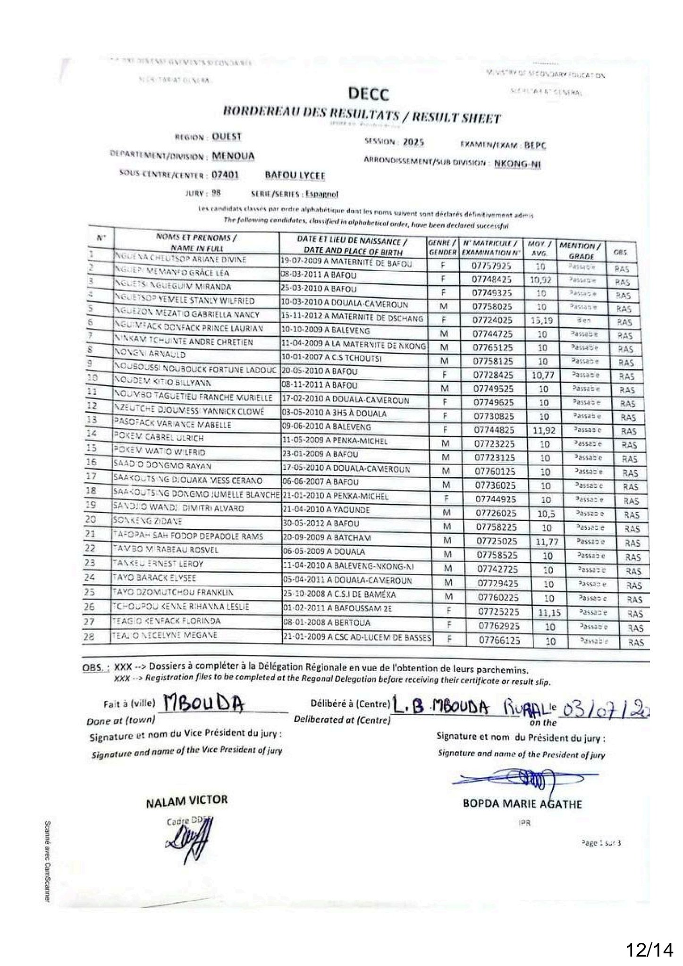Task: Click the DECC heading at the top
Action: pyautogui.click(x=369, y=95)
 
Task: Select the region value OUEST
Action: pyautogui.click(x=227, y=136)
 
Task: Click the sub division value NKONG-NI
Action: pyautogui.click(x=517, y=164)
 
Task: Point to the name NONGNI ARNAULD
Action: pyautogui.click(x=150, y=354)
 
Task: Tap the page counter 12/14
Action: pyautogui.click(x=649, y=935)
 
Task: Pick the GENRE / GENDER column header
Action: pyautogui.click(x=442, y=248)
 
